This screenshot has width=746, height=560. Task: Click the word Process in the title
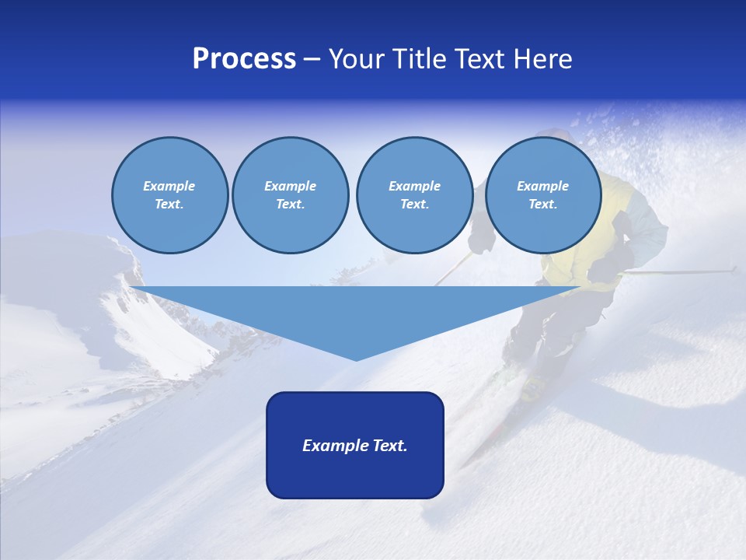coord(244,59)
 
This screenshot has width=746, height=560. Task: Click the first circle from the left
coord(169,195)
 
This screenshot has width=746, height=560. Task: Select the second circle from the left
coord(290,195)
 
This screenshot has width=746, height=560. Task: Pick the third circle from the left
coord(414,195)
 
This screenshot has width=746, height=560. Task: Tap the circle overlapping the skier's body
coord(542,195)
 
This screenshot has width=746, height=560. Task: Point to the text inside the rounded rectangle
coord(355,446)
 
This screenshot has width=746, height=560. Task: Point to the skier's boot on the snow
coord(533,386)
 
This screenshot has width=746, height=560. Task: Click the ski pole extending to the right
coord(684,271)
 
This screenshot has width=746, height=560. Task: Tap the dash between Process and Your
coord(312,59)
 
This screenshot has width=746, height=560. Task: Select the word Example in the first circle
coord(169,186)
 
